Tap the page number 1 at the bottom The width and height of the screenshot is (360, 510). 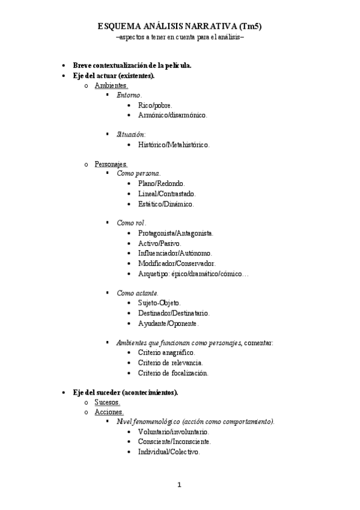(x=179, y=485)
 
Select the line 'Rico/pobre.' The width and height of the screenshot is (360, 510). (x=155, y=105)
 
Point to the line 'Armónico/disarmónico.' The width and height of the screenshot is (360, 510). (x=172, y=115)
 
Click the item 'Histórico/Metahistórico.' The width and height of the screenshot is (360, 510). (x=174, y=144)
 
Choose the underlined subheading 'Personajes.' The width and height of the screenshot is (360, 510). (x=111, y=164)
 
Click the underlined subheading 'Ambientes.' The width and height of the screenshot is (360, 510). (x=111, y=86)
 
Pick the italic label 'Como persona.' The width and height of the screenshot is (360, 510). (x=139, y=173)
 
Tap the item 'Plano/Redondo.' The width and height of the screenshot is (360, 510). (x=161, y=183)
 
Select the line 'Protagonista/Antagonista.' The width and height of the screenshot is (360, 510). (x=175, y=233)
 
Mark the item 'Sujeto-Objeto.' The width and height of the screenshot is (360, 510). (x=159, y=303)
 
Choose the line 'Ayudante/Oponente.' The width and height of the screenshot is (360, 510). (x=168, y=324)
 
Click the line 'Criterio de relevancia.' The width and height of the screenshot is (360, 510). (x=170, y=363)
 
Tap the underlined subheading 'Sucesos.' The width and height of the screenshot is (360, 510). (x=107, y=402)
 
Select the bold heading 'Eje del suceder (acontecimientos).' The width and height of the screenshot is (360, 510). (x=126, y=392)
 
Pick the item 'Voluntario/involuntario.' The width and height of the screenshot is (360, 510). (x=173, y=432)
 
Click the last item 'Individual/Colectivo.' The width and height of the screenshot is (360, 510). (x=168, y=452)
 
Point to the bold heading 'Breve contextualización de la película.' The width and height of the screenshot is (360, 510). (x=132, y=66)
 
